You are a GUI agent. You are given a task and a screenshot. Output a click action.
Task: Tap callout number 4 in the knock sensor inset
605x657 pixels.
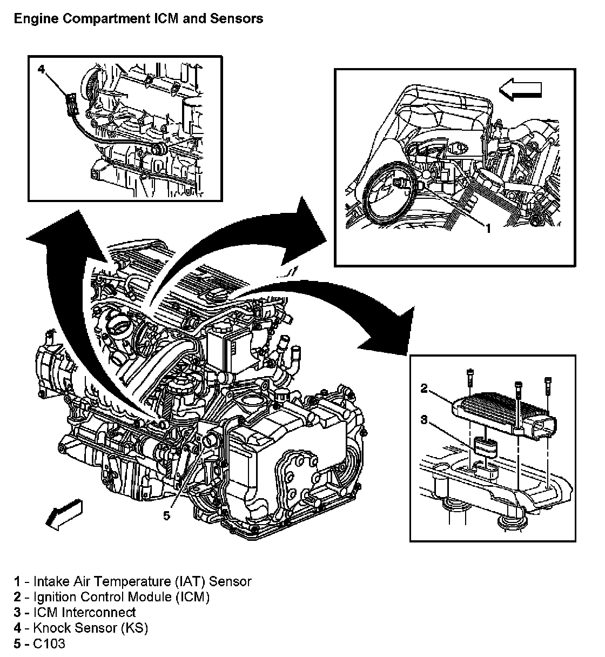(x=41, y=70)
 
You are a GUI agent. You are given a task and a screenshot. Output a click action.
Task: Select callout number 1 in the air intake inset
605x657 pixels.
(x=488, y=228)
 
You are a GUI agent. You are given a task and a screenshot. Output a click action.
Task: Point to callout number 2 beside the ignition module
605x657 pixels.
(x=424, y=388)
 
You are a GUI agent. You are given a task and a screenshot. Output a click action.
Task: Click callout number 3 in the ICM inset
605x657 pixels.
(x=424, y=420)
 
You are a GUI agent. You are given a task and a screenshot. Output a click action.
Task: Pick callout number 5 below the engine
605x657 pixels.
(x=167, y=516)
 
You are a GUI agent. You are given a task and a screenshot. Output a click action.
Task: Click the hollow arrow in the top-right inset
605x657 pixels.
(x=520, y=89)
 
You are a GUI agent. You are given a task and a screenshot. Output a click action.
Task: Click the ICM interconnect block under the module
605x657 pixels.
(x=486, y=446)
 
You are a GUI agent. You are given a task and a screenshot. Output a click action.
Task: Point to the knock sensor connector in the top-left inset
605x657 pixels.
(x=71, y=104)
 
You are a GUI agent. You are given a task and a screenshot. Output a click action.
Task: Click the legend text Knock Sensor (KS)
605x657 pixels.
(x=91, y=627)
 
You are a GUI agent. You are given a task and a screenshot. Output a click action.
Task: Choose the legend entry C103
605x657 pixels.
(x=49, y=643)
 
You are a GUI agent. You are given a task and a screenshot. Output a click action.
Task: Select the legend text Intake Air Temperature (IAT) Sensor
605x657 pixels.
(x=143, y=581)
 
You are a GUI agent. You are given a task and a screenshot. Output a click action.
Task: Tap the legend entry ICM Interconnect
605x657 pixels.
(x=84, y=612)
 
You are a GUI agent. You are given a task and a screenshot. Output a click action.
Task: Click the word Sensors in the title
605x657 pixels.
(x=237, y=19)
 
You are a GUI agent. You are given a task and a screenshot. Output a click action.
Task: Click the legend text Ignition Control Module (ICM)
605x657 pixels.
(x=122, y=596)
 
